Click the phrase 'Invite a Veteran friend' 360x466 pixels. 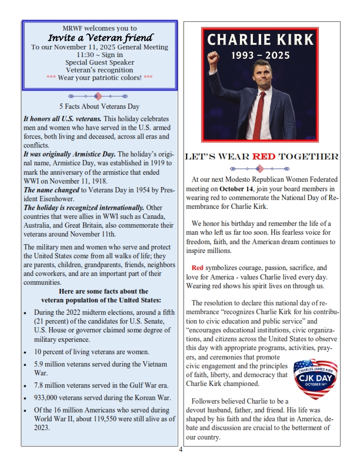99,37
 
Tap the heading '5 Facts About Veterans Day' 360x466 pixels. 99,106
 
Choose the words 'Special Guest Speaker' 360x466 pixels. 99,62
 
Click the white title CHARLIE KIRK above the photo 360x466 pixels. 262,41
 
